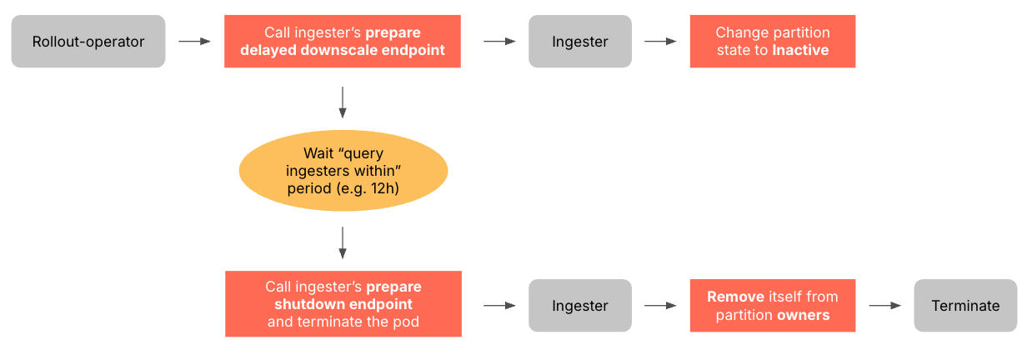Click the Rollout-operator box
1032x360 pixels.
88,41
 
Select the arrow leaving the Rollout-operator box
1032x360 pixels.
195,41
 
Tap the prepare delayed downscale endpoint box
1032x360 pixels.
343,41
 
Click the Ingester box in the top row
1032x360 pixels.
580,41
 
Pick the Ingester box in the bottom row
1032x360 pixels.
580,306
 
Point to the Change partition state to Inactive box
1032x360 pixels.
773,41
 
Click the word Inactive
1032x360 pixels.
800,50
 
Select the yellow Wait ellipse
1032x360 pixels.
343,171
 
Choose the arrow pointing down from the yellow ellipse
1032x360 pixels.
343,242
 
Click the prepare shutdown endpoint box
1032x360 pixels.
343,303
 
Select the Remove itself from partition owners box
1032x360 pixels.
773,306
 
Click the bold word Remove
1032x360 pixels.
735,297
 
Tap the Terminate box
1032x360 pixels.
965,306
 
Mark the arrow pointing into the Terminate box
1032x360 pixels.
885,306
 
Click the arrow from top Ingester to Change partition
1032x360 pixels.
660,41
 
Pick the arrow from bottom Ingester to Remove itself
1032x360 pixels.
660,306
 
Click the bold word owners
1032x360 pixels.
804,315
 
